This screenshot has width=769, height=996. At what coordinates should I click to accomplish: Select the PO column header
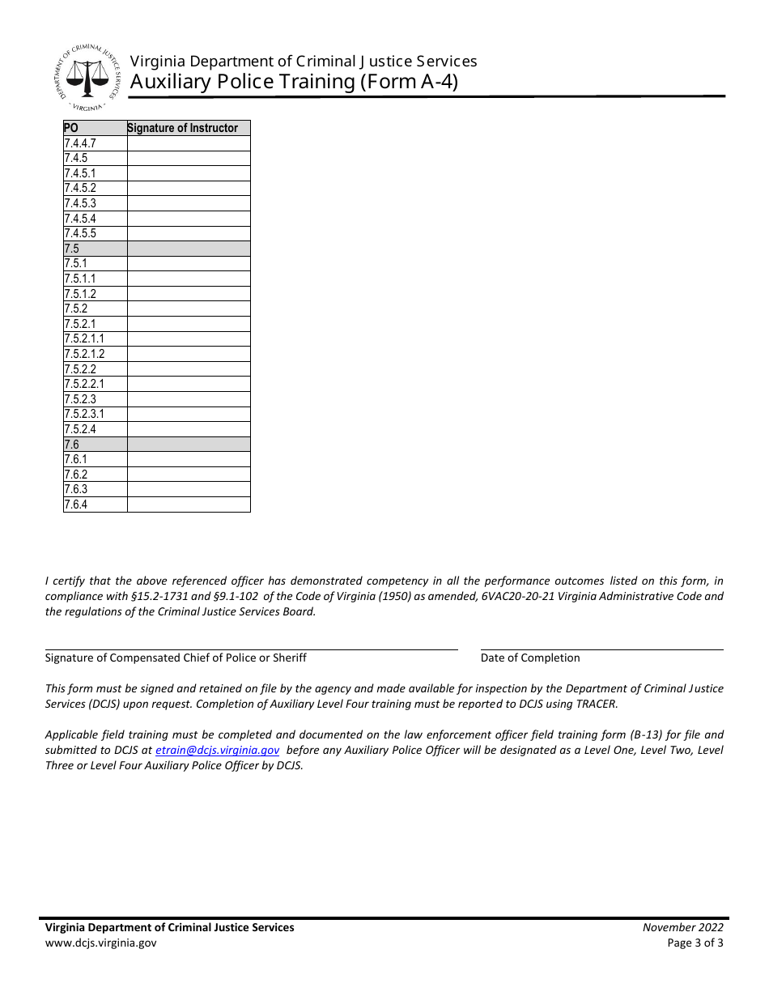click(71, 128)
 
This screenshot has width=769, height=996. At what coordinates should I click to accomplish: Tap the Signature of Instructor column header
click(183, 128)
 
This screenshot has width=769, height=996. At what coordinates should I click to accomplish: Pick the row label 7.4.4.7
click(80, 143)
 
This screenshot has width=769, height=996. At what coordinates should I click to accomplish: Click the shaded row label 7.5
click(72, 249)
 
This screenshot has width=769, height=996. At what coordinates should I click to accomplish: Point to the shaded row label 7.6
click(72, 445)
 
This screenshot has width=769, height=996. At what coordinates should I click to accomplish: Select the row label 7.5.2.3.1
click(84, 414)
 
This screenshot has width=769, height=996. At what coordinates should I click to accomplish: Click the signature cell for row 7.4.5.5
click(189, 233)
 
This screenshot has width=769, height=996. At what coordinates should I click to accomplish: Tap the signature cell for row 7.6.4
click(189, 504)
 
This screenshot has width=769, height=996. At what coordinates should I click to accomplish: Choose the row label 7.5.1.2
click(80, 294)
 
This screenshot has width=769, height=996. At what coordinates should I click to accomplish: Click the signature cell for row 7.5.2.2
click(189, 369)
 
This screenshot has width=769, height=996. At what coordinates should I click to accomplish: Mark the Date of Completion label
click(530, 658)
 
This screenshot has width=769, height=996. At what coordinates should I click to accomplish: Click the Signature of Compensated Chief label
click(176, 658)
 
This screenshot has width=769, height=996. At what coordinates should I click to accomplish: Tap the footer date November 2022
click(683, 928)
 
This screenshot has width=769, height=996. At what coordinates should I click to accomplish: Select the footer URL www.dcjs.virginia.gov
click(101, 943)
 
